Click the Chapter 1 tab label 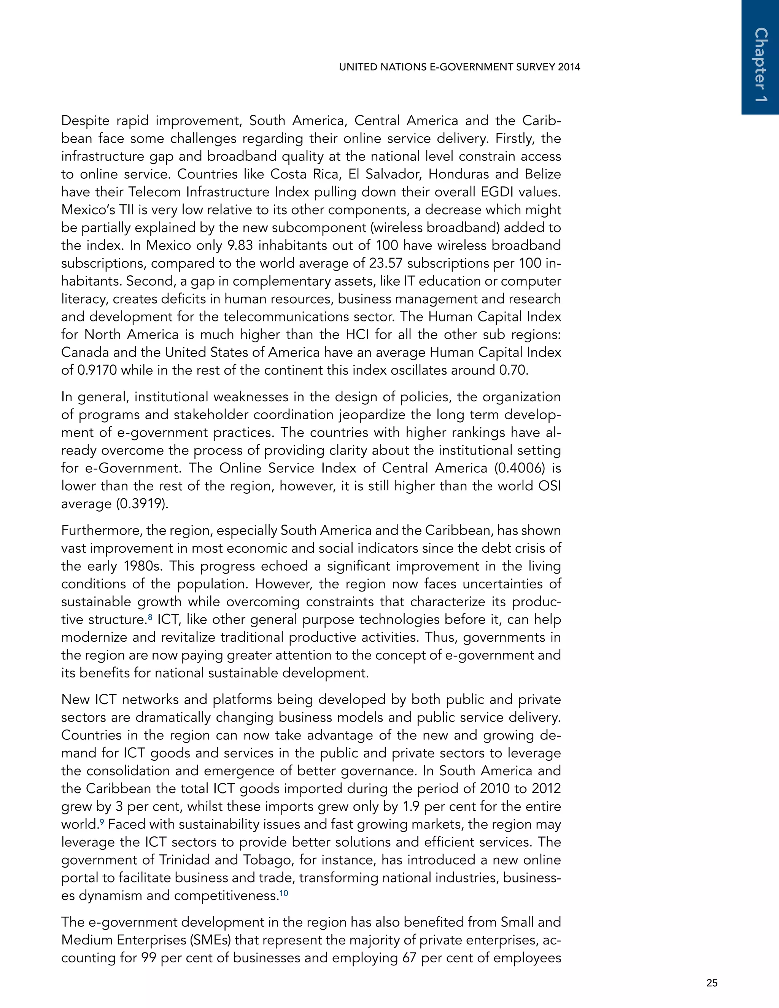click(760, 65)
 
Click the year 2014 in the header click(569, 67)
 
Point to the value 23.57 click(386, 263)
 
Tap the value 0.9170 click(97, 370)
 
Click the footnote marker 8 click(150, 616)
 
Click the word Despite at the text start click(85, 121)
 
